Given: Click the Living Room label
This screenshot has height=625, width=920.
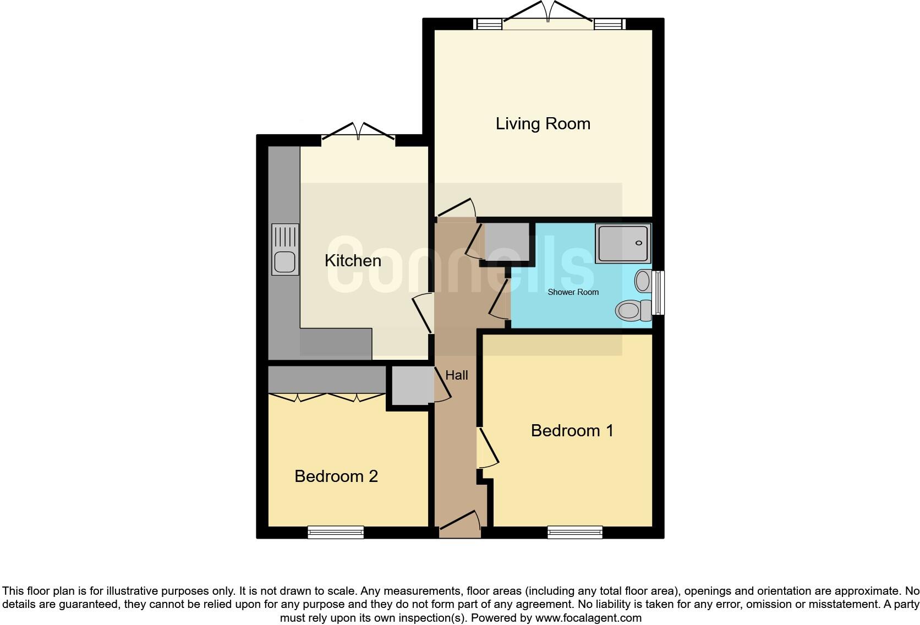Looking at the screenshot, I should pyautogui.click(x=543, y=124).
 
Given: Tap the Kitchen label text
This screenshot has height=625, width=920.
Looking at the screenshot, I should pyautogui.click(x=353, y=261).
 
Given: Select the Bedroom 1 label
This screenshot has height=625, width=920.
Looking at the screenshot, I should pyautogui.click(x=572, y=430).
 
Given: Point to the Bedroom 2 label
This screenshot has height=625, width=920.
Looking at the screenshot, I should pyautogui.click(x=336, y=476).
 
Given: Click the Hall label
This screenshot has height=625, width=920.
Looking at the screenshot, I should pyautogui.click(x=456, y=375).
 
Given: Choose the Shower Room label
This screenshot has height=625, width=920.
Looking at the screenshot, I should pyautogui.click(x=573, y=292).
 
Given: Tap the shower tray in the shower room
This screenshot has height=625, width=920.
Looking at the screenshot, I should pyautogui.click(x=624, y=243).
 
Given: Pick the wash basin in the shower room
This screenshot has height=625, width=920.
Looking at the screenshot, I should pyautogui.click(x=643, y=281).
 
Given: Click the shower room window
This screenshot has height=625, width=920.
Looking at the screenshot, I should pyautogui.click(x=658, y=292).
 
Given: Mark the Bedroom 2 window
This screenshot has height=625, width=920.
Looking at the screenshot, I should pyautogui.click(x=336, y=531).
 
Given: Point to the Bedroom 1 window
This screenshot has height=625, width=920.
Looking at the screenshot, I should pyautogui.click(x=575, y=531).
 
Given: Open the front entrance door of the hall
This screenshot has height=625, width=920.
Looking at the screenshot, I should pyautogui.click(x=460, y=526).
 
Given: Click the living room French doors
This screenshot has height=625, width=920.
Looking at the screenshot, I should pyautogui.click(x=548, y=17).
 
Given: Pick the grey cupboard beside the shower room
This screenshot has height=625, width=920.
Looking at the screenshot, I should pyautogui.click(x=507, y=242).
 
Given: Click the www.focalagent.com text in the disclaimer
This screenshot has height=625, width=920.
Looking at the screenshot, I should pyautogui.click(x=588, y=618).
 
